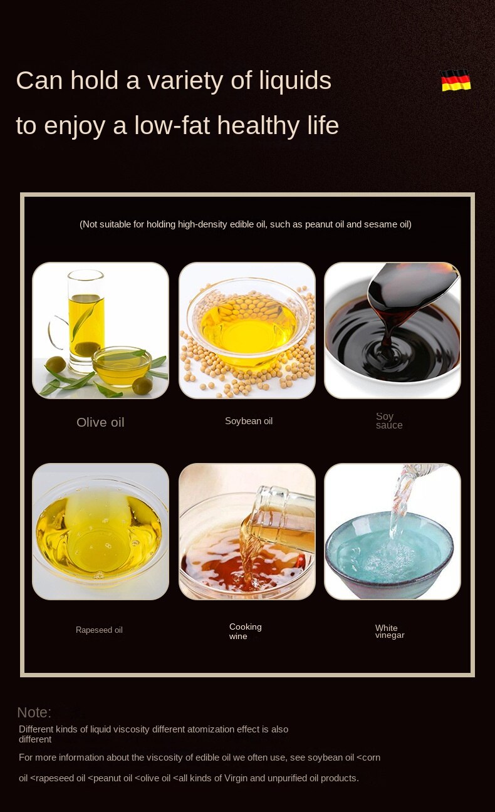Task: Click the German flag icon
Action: (456, 80)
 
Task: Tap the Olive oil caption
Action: (100, 422)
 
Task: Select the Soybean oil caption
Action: (248, 421)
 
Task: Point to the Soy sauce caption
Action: (389, 420)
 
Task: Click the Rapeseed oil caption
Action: (99, 630)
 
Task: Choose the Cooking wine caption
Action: (245, 631)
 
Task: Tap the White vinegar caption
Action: (390, 632)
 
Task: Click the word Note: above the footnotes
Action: (34, 712)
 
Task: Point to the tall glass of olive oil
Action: (86, 321)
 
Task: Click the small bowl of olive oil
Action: (122, 366)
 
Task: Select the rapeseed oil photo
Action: (100, 531)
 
